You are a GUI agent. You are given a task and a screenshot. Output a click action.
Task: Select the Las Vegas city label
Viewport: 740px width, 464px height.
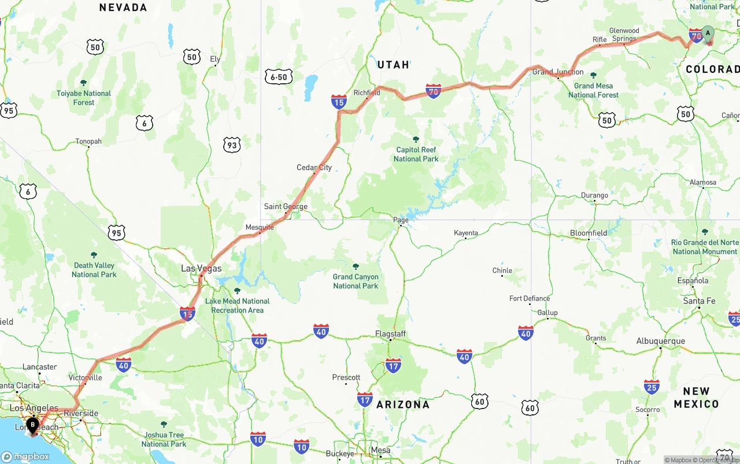pyautogui.click(x=201, y=268)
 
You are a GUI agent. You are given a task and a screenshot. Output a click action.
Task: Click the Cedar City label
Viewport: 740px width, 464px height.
pyautogui.click(x=314, y=168)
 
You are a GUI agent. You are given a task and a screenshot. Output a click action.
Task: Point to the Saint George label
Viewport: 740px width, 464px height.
pyautogui.click(x=286, y=206)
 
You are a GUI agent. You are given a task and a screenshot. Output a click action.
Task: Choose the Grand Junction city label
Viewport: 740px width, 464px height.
pyautogui.click(x=558, y=72)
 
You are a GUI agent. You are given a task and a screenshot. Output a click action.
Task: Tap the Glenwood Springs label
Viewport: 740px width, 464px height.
pyautogui.click(x=624, y=35)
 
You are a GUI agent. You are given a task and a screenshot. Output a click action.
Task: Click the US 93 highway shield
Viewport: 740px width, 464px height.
pyautogui.click(x=232, y=145)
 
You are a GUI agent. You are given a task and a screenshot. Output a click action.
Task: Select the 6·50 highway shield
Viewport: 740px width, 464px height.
pyautogui.click(x=279, y=77)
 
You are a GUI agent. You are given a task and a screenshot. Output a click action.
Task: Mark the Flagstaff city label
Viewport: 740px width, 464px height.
pyautogui.click(x=390, y=334)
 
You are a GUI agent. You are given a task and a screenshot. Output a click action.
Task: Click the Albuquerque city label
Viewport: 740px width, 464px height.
pyautogui.click(x=660, y=341)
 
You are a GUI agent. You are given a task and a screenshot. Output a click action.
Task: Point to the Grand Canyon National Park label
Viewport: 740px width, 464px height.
pyautogui.click(x=356, y=281)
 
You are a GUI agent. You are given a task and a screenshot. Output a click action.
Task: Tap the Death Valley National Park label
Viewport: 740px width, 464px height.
pyautogui.click(x=94, y=269)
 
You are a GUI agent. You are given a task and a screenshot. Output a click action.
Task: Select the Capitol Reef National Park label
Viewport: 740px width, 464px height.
pyautogui.click(x=416, y=154)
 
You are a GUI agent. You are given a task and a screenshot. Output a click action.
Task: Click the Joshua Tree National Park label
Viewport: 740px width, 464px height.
pyautogui.click(x=164, y=439)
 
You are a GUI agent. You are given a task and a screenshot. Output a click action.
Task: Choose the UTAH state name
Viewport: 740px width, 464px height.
pyautogui.click(x=393, y=65)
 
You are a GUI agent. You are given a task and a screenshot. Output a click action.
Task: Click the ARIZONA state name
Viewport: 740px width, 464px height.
pyautogui.click(x=403, y=404)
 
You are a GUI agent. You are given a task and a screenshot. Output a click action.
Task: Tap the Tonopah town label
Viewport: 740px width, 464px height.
pyautogui.click(x=88, y=141)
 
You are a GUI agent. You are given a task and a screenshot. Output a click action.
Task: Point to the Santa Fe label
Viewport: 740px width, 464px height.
pyautogui.click(x=699, y=301)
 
